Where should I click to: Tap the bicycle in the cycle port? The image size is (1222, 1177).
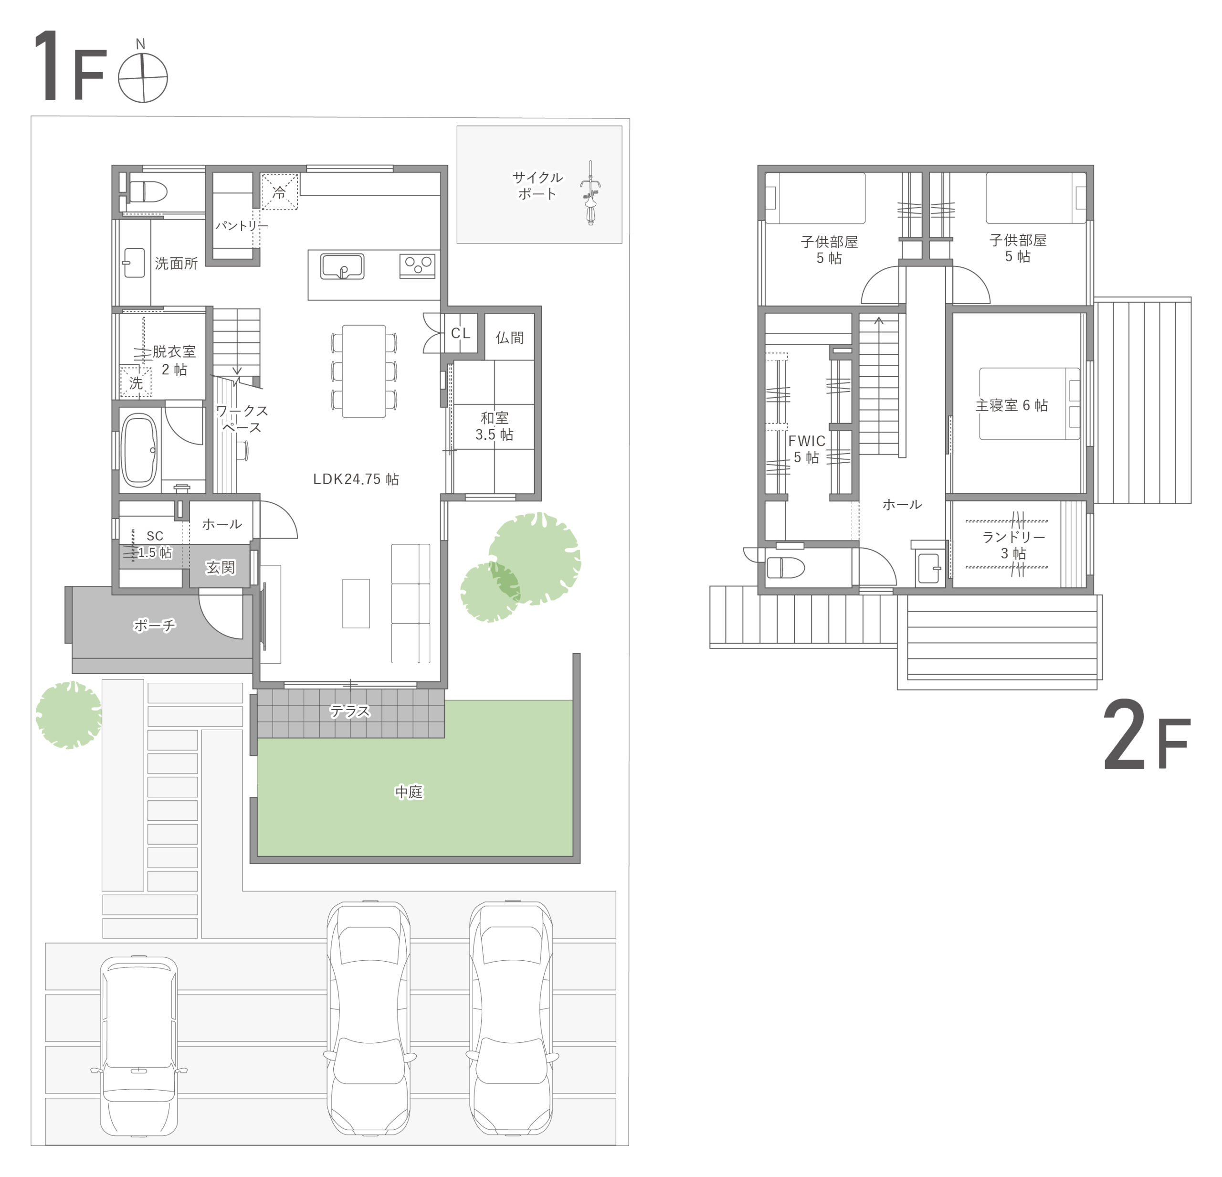coord(590,193)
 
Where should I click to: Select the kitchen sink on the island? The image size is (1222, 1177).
coord(342,266)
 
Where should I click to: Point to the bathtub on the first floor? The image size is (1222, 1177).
coord(138,450)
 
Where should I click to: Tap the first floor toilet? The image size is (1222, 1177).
coord(147,191)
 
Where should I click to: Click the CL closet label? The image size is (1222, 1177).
coord(461,333)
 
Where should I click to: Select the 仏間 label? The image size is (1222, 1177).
coord(509,338)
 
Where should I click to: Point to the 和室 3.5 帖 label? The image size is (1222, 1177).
coord(495,426)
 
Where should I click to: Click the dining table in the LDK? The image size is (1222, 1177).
coord(364,371)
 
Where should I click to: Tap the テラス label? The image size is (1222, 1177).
coord(350,711)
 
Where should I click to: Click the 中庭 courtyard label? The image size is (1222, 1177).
coord(409,792)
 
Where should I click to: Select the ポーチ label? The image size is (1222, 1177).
coord(154,625)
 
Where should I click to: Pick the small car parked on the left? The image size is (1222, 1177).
coord(138,1046)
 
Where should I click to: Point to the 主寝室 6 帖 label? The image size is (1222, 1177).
coord(1011,405)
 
